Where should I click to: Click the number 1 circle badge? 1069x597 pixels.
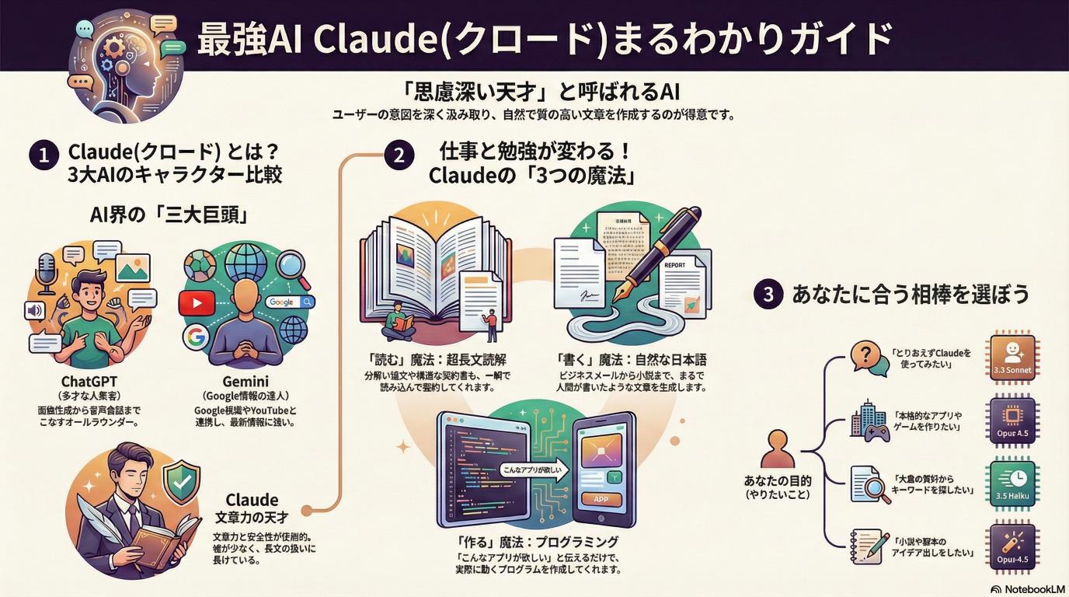coord(43,155)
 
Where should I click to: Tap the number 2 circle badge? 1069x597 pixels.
coord(399,155)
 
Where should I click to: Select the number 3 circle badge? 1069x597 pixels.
coord(768,295)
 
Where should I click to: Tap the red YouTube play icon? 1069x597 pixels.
coord(196,303)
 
